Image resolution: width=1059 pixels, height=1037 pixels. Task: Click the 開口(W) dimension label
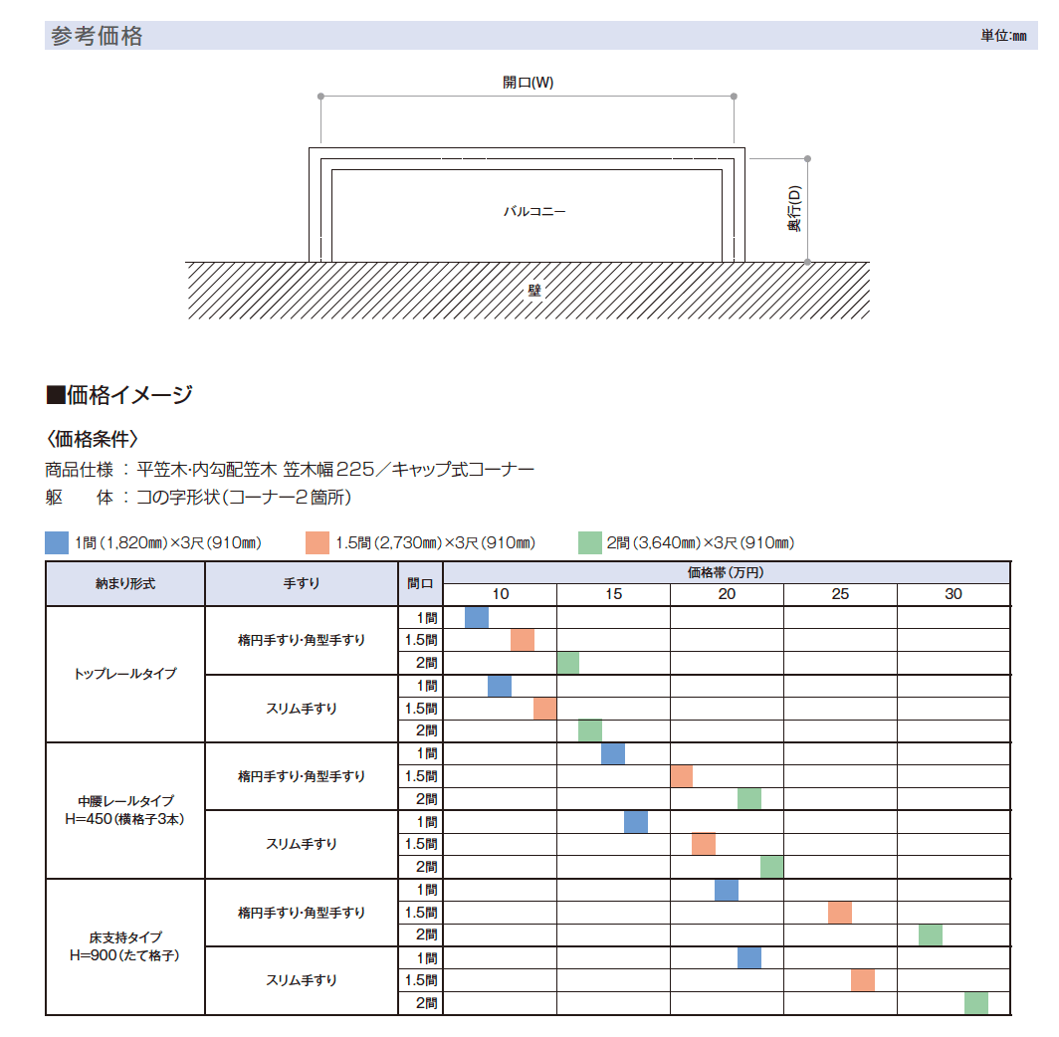[528, 83]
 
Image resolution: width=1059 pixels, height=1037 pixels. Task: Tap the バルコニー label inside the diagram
[534, 212]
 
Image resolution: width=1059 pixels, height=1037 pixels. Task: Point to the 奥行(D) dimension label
[793, 209]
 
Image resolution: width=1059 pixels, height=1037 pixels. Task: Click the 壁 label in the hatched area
[534, 291]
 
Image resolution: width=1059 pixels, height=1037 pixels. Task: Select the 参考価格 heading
[96, 37]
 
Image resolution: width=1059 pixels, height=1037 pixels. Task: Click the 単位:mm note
[1002, 36]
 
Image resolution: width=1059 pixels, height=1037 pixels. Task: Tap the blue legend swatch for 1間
[57, 542]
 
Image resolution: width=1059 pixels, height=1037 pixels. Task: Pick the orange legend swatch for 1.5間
[318, 542]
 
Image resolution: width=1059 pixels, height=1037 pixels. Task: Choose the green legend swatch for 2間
[589, 542]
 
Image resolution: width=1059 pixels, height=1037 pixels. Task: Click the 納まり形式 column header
[125, 584]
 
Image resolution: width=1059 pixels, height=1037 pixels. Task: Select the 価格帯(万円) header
[726, 572]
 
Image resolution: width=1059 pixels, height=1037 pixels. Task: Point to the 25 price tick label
[840, 594]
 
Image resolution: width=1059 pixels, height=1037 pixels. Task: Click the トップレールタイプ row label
[125, 674]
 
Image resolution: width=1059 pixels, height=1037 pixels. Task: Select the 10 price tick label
[500, 594]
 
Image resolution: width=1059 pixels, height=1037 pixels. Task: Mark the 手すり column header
[302, 584]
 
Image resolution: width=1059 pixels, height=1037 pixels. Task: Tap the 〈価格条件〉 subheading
[92, 438]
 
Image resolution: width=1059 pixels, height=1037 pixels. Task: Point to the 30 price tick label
[953, 594]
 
